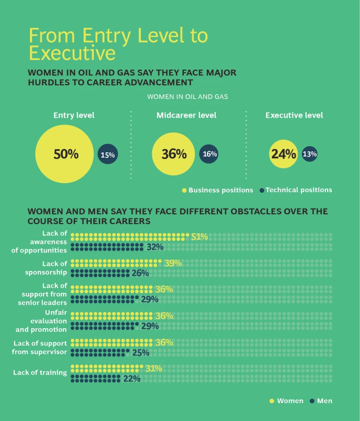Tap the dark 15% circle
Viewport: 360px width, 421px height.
(x=107, y=155)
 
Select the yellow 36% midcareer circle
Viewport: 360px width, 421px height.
(x=174, y=154)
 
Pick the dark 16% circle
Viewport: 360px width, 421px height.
(x=209, y=154)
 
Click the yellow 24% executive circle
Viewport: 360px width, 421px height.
(x=284, y=154)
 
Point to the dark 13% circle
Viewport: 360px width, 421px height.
(x=309, y=154)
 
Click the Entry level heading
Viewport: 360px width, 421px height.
(x=74, y=115)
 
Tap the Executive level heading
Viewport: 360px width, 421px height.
(x=294, y=115)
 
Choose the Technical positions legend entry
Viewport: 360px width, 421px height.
(x=299, y=190)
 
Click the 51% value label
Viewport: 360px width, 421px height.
(x=199, y=237)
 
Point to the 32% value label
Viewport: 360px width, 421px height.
(x=155, y=247)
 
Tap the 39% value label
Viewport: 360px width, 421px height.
(x=173, y=263)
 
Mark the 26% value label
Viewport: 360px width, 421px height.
(x=140, y=273)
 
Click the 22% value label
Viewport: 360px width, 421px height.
(x=132, y=378)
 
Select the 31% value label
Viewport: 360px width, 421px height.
(x=154, y=368)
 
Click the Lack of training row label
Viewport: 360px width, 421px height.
(x=40, y=373)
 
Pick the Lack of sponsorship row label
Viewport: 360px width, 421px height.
(x=46, y=268)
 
